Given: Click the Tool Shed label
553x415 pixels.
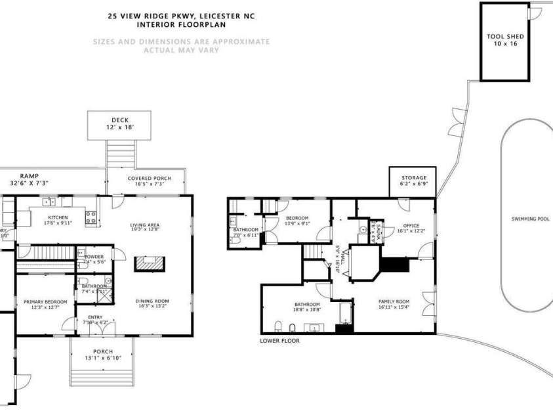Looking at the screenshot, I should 504,37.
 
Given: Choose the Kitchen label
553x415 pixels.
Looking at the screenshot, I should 58,217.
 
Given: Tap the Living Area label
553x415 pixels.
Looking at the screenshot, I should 144,225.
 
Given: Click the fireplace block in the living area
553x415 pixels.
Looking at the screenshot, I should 150,263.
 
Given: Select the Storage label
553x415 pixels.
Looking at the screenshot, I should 413,178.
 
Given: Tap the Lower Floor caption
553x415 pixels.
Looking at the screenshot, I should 279,341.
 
